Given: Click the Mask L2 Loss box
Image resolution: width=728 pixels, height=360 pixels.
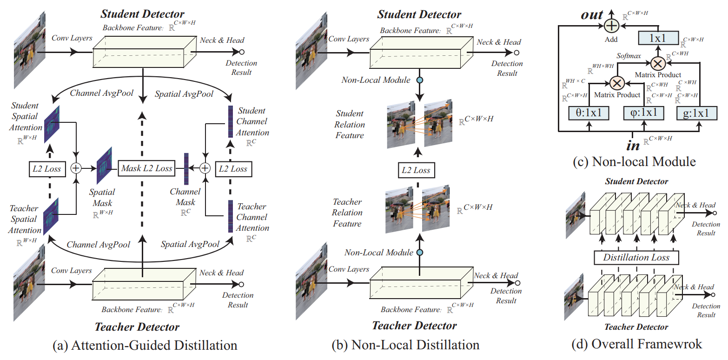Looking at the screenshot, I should pyautogui.click(x=146, y=168).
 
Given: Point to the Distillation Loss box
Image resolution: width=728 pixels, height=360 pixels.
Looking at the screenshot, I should pyautogui.click(x=636, y=257).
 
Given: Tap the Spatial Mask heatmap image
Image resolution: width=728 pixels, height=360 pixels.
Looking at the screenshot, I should pyautogui.click(x=104, y=166).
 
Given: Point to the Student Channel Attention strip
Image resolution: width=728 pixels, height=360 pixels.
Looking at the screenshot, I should pyautogui.click(x=230, y=122).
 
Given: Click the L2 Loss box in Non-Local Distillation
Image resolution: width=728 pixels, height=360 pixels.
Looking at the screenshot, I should pyautogui.click(x=416, y=170).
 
